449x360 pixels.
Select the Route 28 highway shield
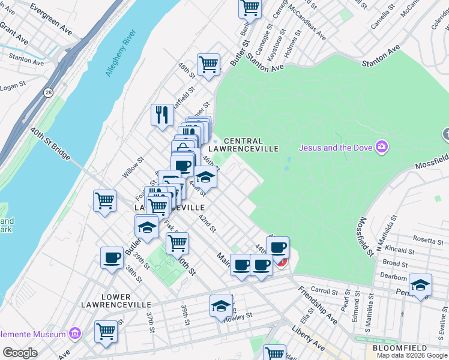coord(47,92)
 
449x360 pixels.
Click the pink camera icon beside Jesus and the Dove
coord(381,146)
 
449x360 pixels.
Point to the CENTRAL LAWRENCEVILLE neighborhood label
coord(243,144)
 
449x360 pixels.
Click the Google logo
coord(20,353)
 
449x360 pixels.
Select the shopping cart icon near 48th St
coord(208,64)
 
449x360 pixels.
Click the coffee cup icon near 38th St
coord(112,257)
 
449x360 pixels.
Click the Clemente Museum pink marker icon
coord(74,333)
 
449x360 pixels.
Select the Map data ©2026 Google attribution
coord(412,355)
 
